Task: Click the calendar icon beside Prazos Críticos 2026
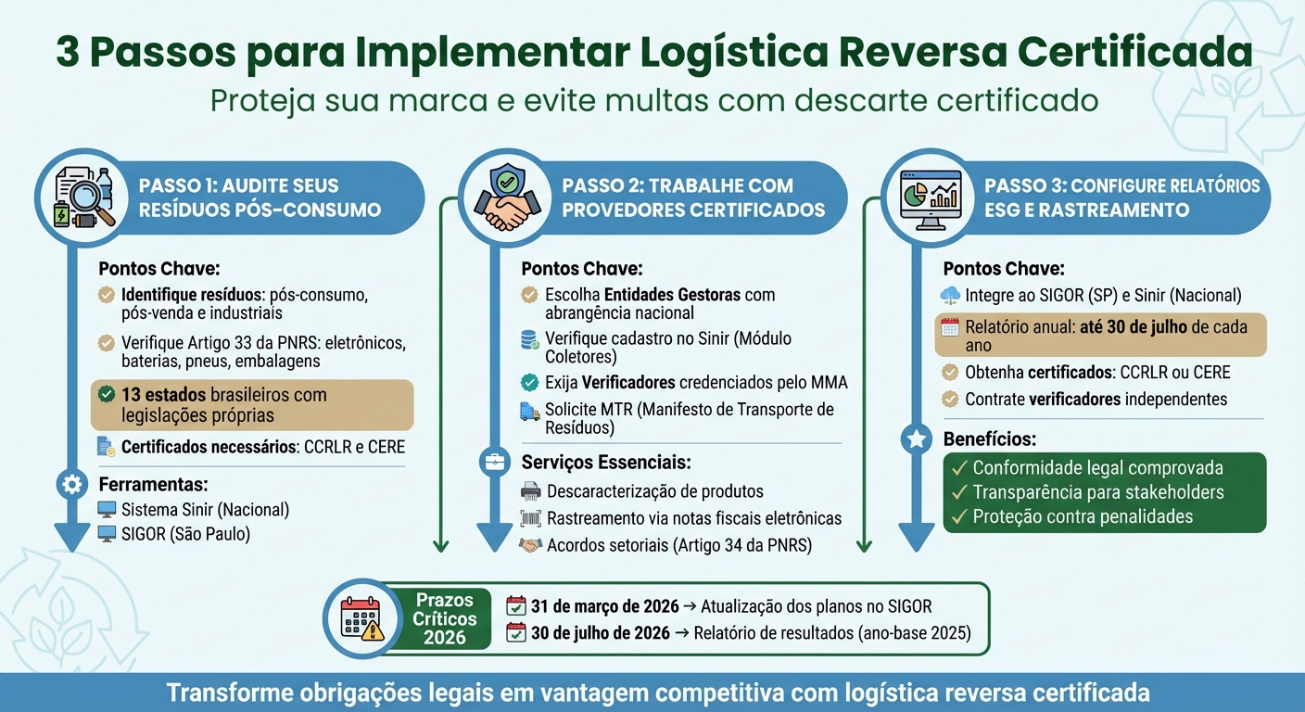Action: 361,617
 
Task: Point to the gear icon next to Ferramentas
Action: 71,484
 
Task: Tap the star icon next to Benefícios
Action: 917,439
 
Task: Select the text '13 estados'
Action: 162,395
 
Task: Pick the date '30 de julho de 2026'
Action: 600,634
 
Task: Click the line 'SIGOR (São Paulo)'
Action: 185,534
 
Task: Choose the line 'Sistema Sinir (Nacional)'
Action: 205,510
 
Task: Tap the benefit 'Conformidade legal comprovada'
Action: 1097,468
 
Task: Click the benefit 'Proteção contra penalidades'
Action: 1083,516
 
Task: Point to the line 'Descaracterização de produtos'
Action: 654,491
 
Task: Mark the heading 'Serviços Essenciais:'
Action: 606,462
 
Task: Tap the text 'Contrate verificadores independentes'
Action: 1096,400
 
